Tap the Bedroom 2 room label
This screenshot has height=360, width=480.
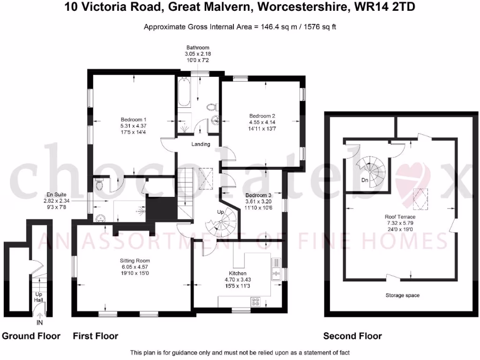coord(262,116)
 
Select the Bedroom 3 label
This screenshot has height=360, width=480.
coord(258,195)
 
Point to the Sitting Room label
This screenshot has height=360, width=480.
coord(135,261)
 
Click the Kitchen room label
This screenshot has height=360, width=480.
coord(238,273)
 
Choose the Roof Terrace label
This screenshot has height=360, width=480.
coord(400,217)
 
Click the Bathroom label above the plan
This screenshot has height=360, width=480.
coord(197,48)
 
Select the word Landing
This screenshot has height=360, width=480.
coord(201,144)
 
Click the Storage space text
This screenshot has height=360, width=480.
coord(402,295)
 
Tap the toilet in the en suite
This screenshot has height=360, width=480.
coord(97,186)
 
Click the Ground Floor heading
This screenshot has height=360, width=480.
coord(31,336)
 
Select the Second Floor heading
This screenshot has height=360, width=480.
coord(352,336)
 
